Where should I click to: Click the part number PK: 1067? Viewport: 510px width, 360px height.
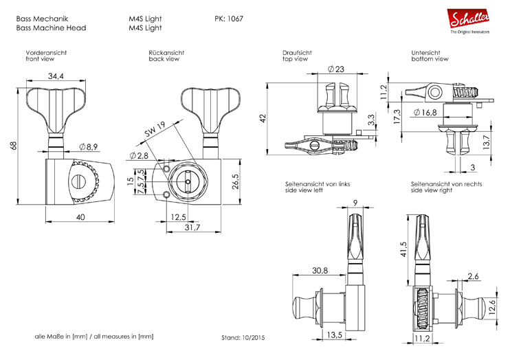(x=229, y=19)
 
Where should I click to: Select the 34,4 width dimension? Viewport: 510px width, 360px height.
(x=56, y=76)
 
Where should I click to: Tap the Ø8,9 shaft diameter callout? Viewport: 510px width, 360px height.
(x=91, y=146)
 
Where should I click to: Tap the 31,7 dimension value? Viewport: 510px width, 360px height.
(x=191, y=227)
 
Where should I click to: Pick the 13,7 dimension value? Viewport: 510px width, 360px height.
(x=486, y=143)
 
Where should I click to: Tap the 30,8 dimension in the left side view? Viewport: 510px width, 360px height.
(x=320, y=271)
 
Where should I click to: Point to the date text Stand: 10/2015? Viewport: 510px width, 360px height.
(x=243, y=338)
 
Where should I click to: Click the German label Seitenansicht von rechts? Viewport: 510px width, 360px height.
(x=445, y=184)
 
